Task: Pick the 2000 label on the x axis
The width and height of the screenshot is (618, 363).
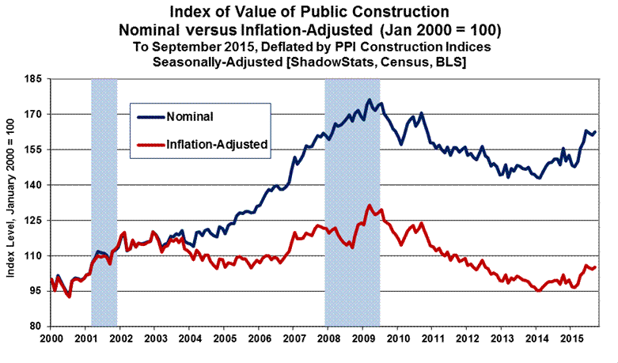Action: [x=51, y=337]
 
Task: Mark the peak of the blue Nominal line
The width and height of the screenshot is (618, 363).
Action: [x=369, y=100]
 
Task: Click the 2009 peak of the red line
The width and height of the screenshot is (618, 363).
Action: [x=369, y=206]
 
